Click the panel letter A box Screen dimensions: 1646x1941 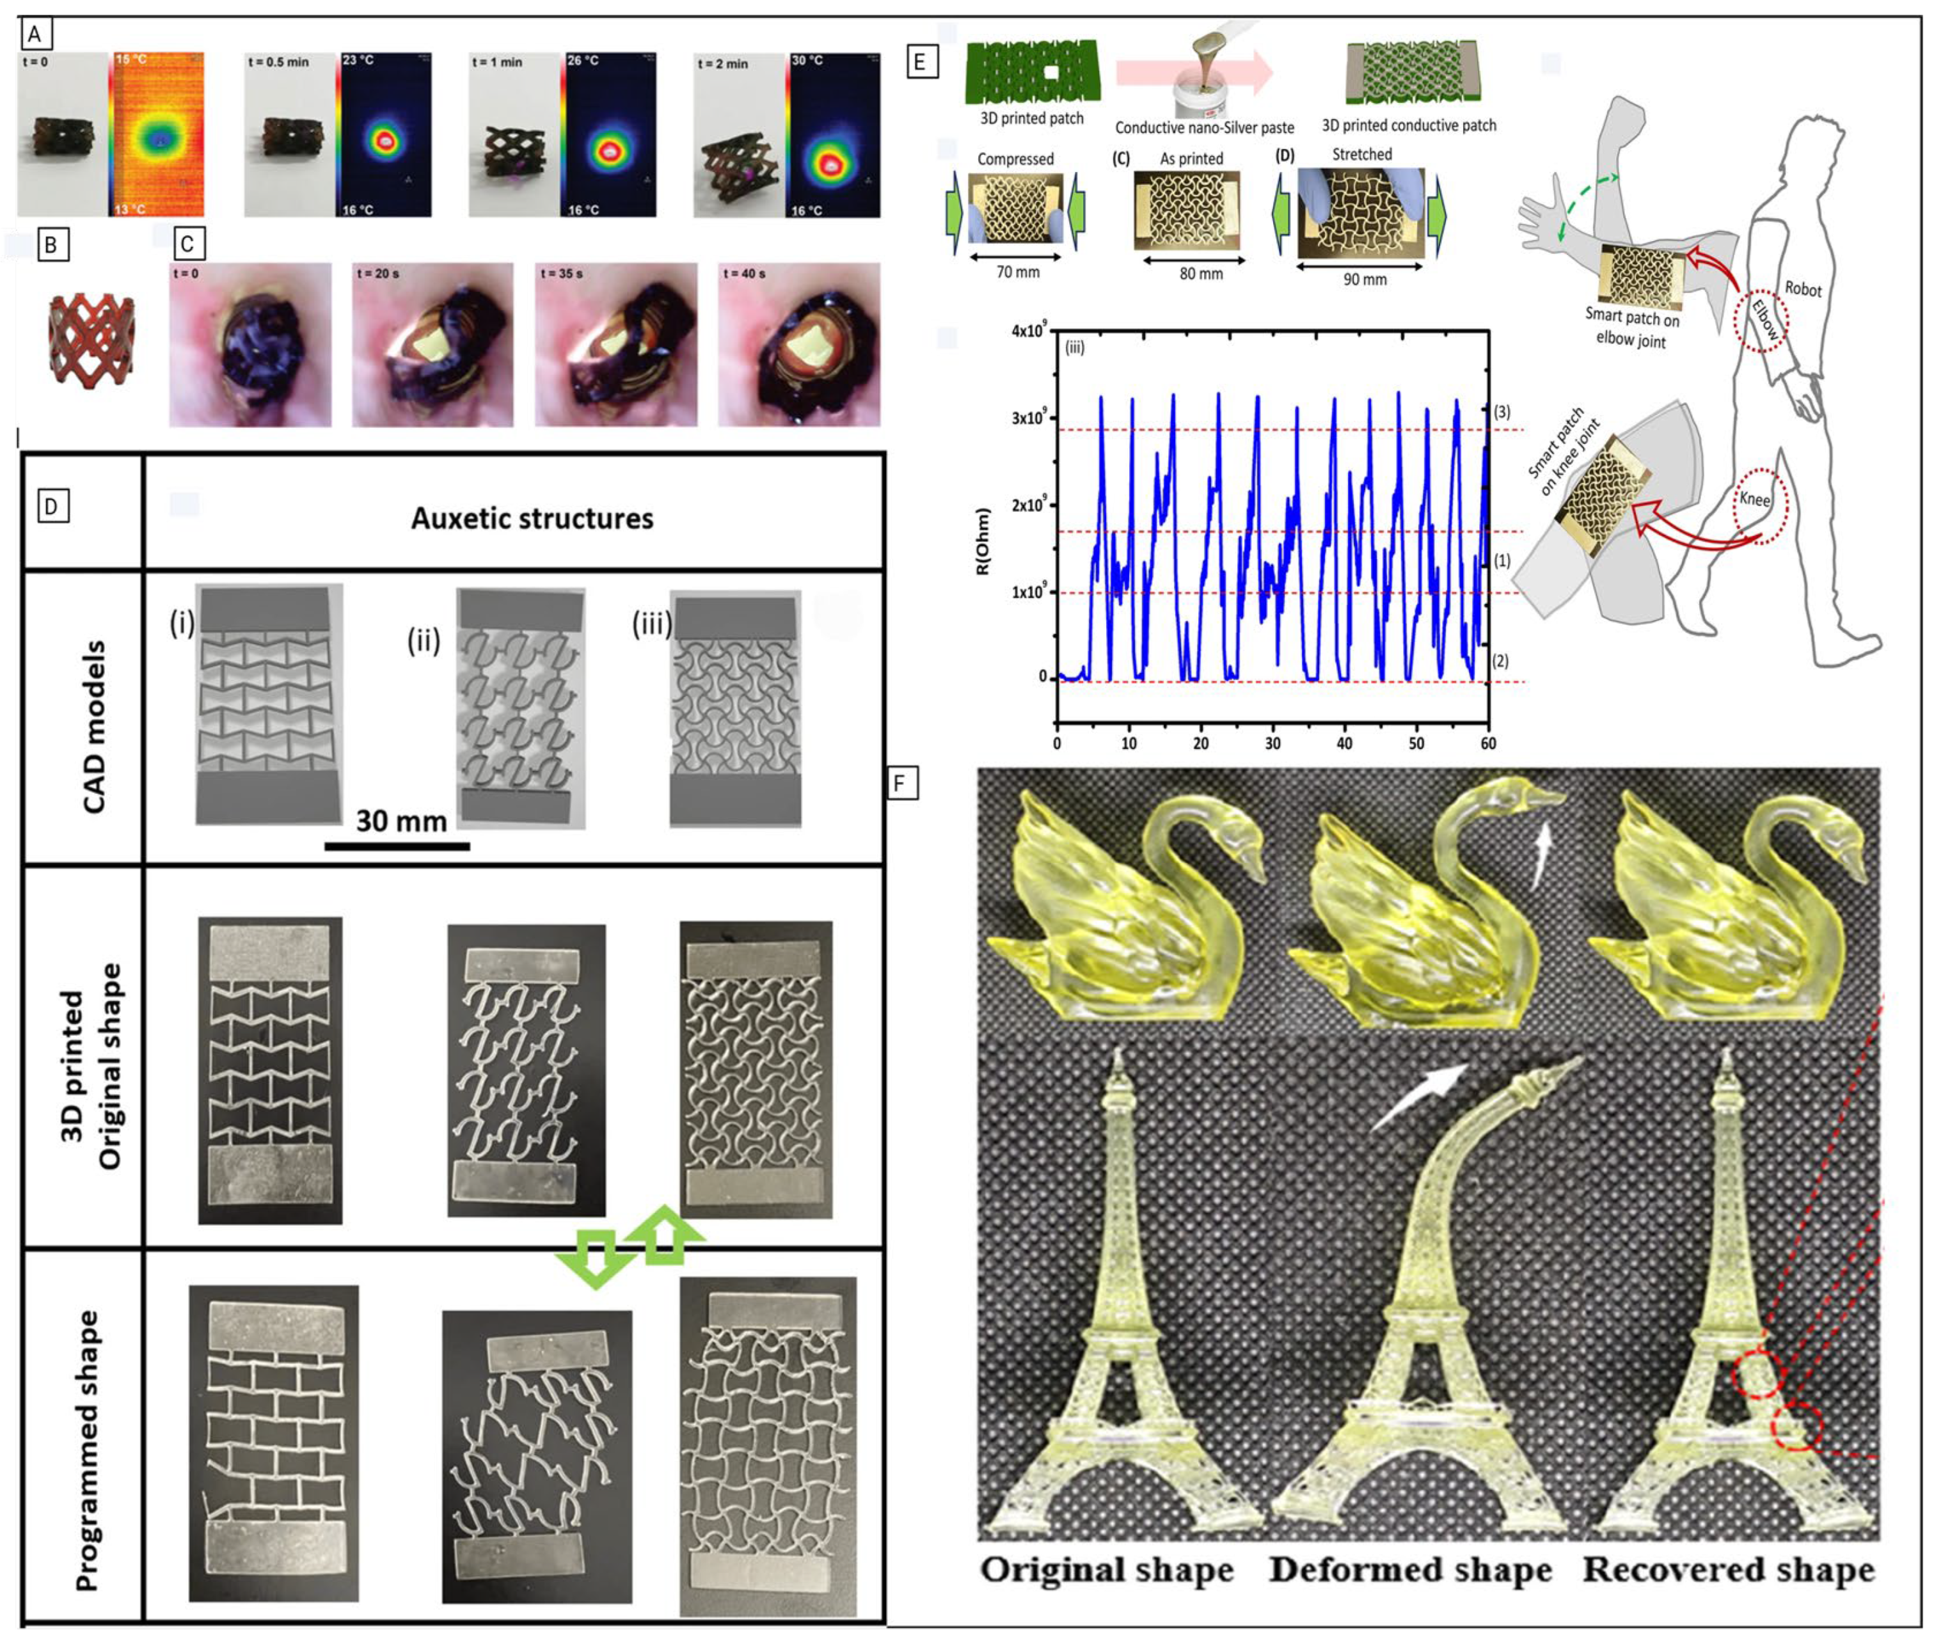[35, 35]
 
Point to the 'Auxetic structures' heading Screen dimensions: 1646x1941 [532, 519]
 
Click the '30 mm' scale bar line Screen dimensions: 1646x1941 [397, 846]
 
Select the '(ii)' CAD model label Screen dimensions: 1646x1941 [424, 641]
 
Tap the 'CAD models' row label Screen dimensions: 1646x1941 [94, 727]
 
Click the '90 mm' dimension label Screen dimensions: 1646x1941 [1365, 279]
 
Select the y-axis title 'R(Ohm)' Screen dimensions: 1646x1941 [982, 541]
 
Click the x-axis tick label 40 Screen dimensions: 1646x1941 [1343, 744]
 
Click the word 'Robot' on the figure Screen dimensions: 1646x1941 [1803, 289]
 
